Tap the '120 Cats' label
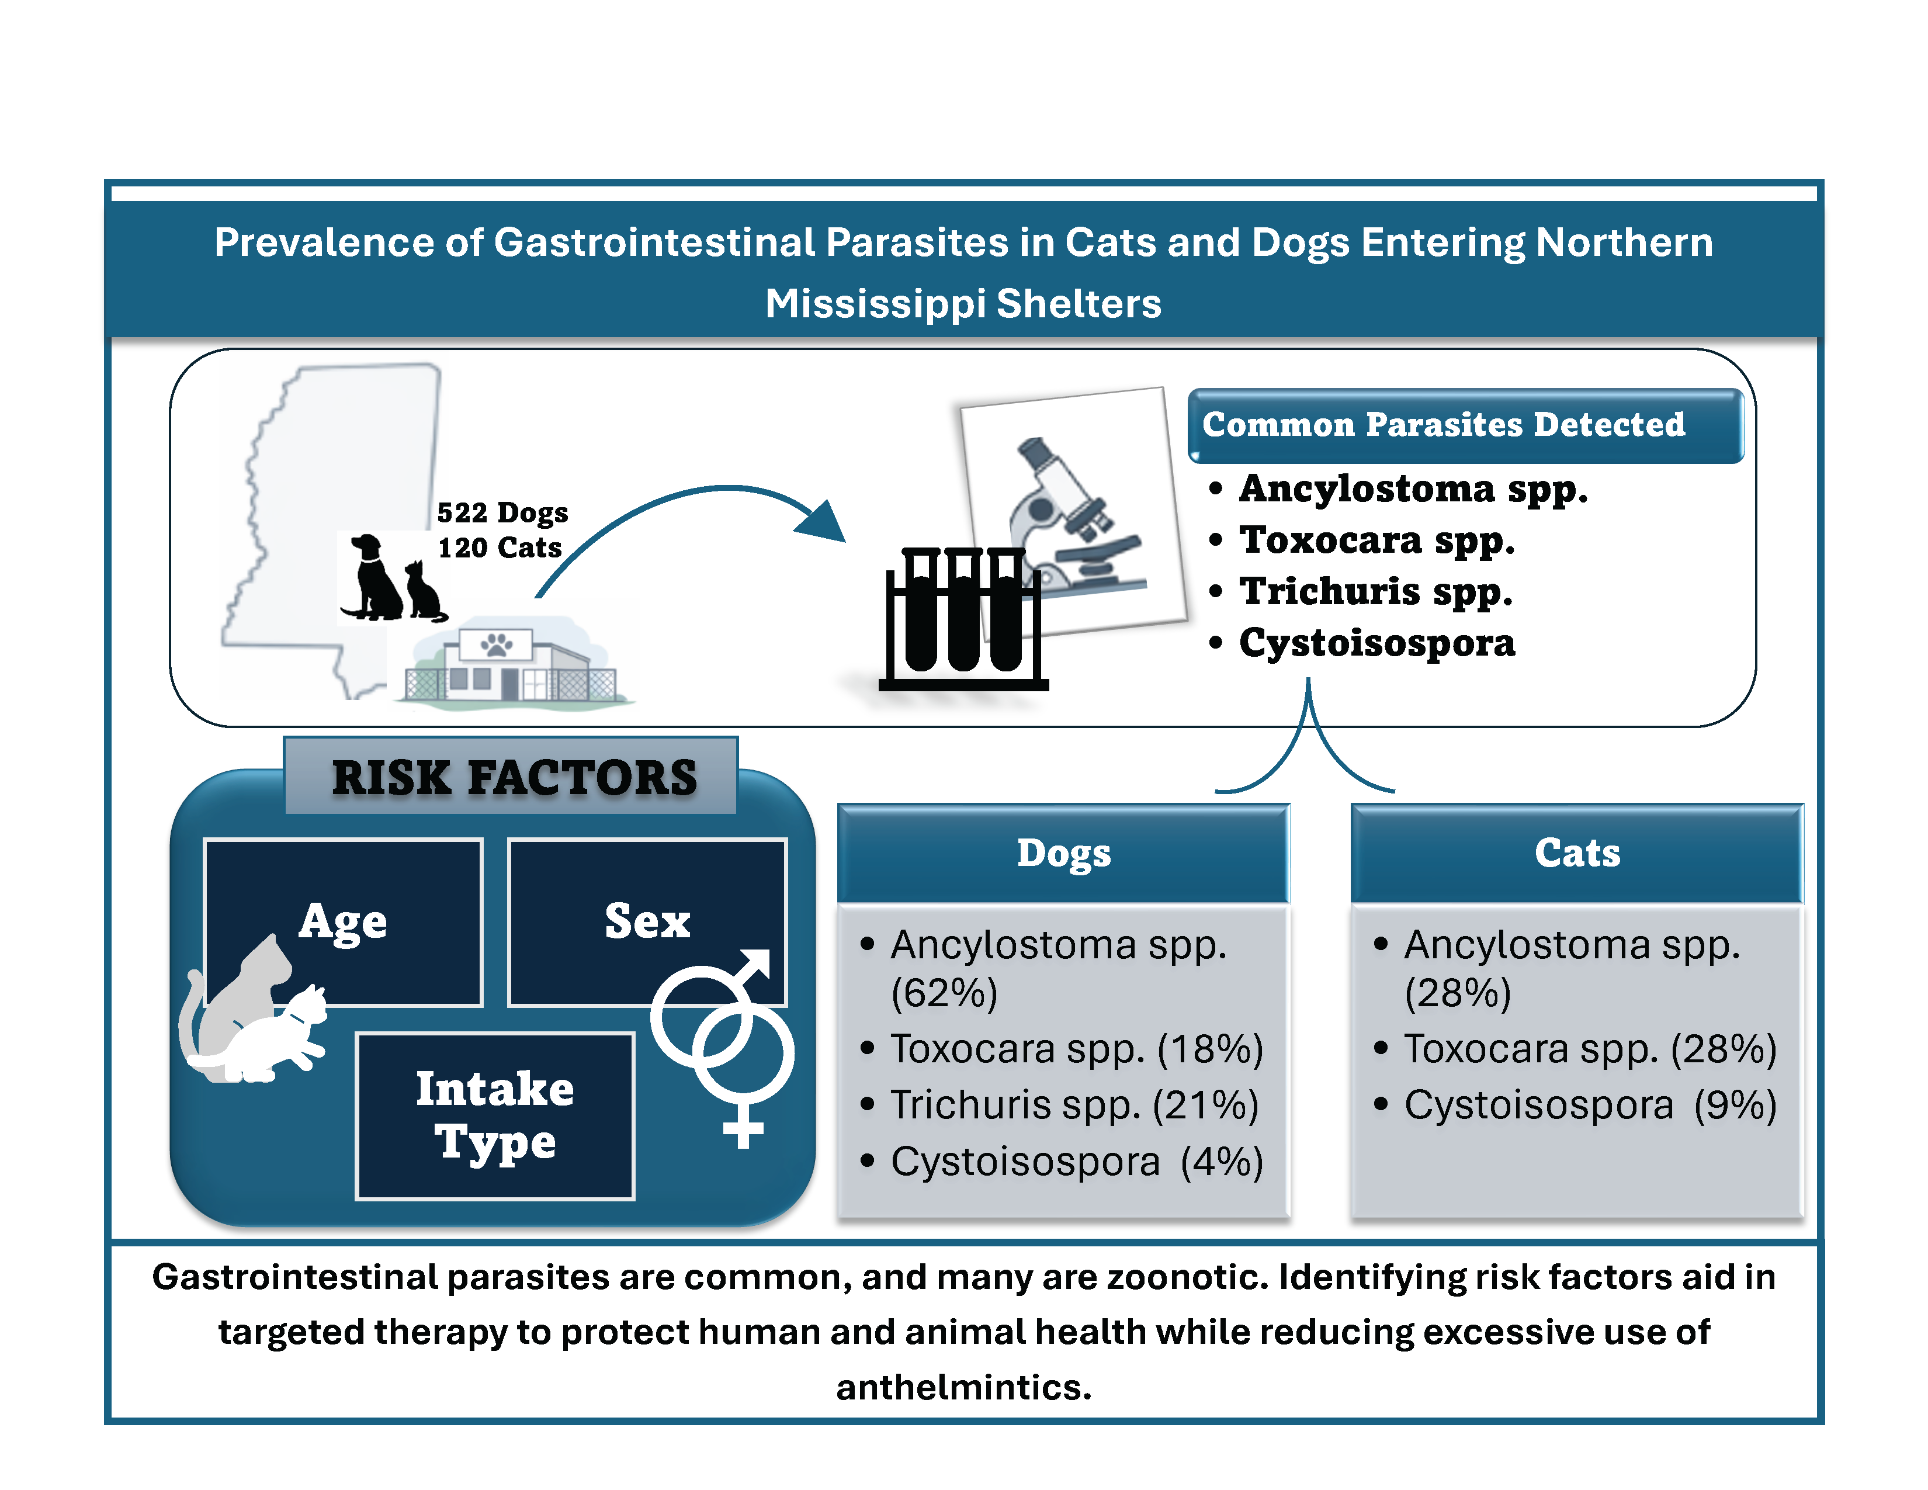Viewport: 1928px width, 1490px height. [x=500, y=548]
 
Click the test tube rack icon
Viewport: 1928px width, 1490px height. [x=963, y=618]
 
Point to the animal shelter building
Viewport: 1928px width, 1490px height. [x=512, y=662]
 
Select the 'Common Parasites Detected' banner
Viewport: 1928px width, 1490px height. [x=1465, y=425]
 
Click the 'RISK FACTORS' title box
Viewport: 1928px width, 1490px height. [x=511, y=776]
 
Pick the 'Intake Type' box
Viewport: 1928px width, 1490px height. [x=495, y=1115]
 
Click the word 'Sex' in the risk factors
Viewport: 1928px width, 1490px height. [x=647, y=921]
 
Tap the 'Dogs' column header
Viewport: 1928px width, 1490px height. [x=1064, y=853]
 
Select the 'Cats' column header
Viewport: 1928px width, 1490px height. [x=1577, y=853]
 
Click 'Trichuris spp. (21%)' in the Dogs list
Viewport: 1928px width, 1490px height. [x=1074, y=1105]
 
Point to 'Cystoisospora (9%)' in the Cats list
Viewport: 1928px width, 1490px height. [x=1590, y=1105]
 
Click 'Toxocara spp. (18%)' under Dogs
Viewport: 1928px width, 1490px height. [x=1077, y=1049]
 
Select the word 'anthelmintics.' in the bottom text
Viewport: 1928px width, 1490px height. [x=964, y=1387]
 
